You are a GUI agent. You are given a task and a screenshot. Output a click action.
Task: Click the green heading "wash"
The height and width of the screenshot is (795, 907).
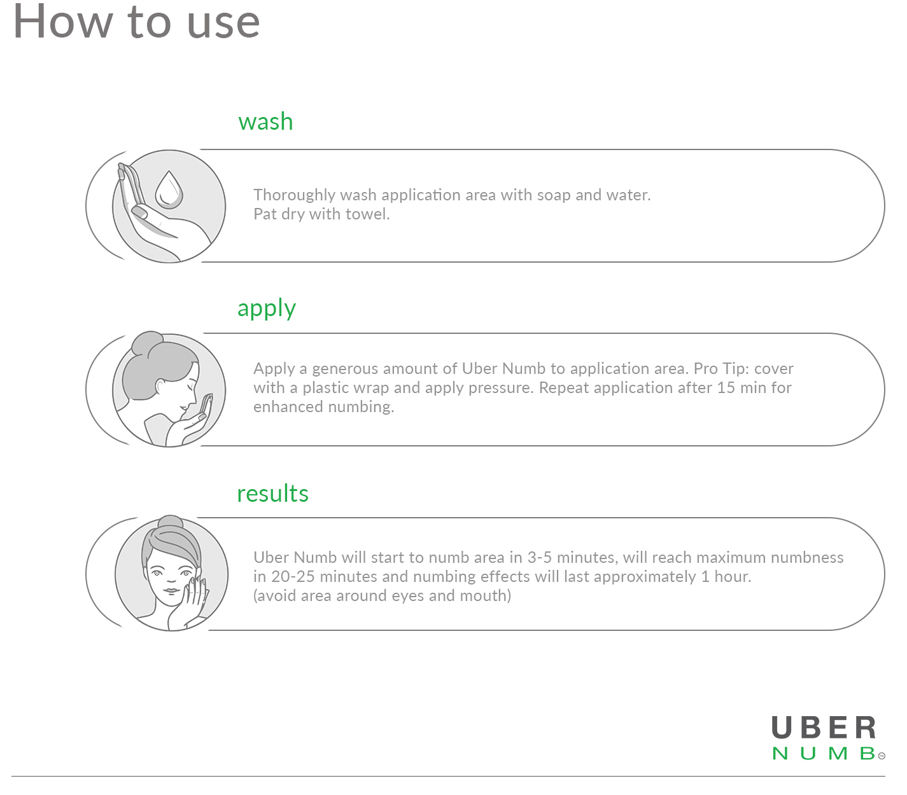tap(265, 121)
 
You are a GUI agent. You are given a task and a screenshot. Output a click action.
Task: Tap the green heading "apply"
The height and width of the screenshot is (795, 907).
tap(266, 308)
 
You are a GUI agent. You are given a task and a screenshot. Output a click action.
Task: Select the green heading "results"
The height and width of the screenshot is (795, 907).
tap(272, 494)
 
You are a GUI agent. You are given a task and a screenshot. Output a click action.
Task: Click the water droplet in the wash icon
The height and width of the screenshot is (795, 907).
tap(169, 190)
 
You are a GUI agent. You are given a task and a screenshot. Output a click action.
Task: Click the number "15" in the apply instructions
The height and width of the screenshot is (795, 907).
tap(726, 388)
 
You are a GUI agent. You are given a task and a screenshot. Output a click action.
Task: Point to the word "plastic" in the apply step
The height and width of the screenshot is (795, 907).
tap(325, 388)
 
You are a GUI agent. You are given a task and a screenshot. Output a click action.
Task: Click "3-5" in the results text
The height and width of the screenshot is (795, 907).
tap(540, 557)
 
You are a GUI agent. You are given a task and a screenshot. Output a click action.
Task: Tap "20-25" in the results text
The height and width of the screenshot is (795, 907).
tap(293, 577)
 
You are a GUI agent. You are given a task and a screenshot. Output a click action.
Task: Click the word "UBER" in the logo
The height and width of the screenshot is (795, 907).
tap(823, 728)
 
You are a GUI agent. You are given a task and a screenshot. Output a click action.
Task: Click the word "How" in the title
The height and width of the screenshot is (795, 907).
tap(62, 22)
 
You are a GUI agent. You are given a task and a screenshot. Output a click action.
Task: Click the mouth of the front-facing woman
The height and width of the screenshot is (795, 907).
tap(171, 591)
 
